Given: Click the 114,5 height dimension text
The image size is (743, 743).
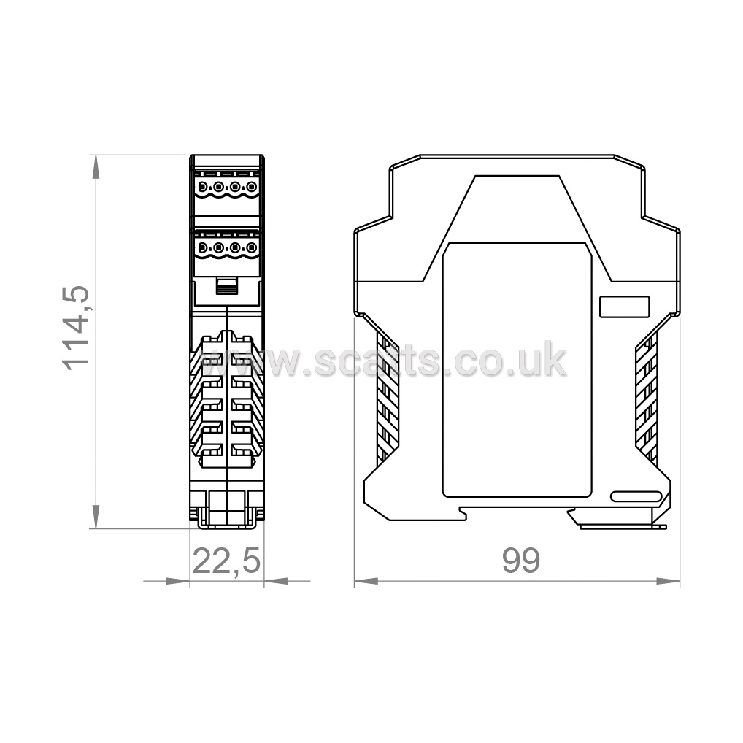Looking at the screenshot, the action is click(x=76, y=328).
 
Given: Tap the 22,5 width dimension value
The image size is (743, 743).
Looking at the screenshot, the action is click(x=226, y=561).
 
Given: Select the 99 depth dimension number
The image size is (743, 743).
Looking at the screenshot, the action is click(x=521, y=561).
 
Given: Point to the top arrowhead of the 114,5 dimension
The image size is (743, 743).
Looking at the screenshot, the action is click(x=96, y=167).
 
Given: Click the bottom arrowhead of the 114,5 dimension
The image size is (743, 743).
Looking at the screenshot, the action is click(x=96, y=517).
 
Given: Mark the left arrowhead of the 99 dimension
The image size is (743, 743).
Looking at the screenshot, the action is click(x=366, y=581).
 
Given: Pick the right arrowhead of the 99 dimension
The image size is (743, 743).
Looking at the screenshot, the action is click(x=668, y=581).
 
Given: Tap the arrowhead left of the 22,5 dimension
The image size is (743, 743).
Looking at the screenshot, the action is click(x=178, y=581).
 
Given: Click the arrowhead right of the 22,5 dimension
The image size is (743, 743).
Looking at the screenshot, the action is click(x=276, y=581).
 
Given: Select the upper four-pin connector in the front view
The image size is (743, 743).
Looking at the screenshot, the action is click(x=227, y=188).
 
